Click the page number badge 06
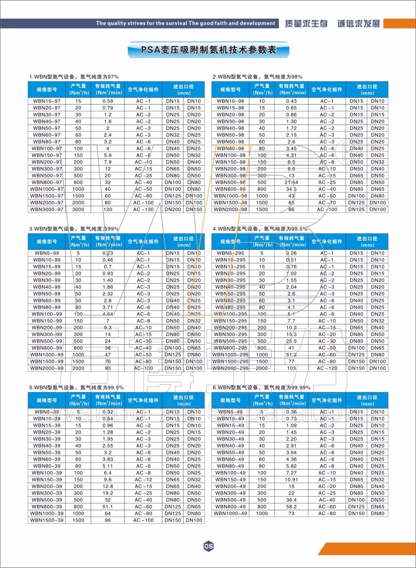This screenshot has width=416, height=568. pos(208,546)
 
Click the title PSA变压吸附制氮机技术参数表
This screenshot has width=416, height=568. pos(208,50)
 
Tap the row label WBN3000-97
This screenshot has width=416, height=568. pos(47,209)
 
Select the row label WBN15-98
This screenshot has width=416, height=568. pos(230,108)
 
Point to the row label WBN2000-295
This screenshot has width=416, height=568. pos(230,368)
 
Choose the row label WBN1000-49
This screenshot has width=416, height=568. pos(230,513)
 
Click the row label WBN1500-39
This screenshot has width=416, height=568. pos(47,520)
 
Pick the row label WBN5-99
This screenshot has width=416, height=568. pos(47,253)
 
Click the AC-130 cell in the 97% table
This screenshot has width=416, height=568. pos(143,209)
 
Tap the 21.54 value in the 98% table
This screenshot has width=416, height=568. pos(291,182)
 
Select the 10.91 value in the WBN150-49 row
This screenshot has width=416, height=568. pos(291,480)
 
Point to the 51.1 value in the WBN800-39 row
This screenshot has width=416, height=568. pos(108,507)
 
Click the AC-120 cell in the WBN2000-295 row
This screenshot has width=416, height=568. pos(327,368)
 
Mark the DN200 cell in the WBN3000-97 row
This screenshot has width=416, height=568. pos(173,209)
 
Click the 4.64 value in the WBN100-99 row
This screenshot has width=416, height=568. pos(108,314)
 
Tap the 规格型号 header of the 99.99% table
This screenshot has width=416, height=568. pos(230,400)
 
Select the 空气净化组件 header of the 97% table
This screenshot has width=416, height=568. pos(143,89)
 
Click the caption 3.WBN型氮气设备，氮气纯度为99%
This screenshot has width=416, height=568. pos(74,229)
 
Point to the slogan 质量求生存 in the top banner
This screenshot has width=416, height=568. pos(306,24)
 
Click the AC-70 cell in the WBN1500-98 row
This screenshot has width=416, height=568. pos(327,202)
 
